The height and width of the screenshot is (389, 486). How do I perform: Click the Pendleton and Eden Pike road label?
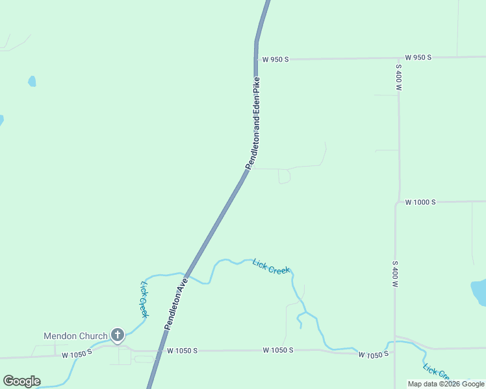click(x=257, y=123)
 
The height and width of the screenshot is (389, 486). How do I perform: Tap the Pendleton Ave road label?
click(x=175, y=304)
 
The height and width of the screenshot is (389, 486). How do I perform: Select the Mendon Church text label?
click(x=75, y=336)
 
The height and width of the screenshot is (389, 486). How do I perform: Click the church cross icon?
click(x=117, y=335)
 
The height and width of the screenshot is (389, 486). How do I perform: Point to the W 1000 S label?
click(x=420, y=202)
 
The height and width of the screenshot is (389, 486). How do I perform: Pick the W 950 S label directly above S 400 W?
click(x=418, y=57)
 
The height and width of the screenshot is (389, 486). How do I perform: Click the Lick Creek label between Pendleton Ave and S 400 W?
click(x=271, y=266)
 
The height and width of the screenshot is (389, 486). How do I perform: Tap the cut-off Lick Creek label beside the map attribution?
click(x=436, y=372)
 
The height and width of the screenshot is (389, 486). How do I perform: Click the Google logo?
click(x=21, y=381)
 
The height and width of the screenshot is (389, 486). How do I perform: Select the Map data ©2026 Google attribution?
click(x=446, y=384)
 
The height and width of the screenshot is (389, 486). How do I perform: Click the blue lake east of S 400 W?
click(x=480, y=292)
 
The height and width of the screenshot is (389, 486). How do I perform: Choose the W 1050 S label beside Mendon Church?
click(x=77, y=355)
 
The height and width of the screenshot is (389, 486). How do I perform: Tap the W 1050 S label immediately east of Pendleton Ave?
click(x=182, y=351)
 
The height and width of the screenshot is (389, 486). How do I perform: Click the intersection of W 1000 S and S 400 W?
click(x=396, y=202)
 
